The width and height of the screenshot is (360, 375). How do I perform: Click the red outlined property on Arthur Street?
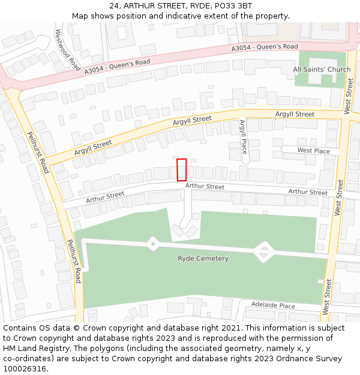click(x=182, y=170)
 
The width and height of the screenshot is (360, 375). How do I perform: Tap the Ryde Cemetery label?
click(x=203, y=259)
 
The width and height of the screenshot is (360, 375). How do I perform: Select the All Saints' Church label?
click(x=322, y=70)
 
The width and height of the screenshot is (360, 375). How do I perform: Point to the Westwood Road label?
click(x=67, y=50)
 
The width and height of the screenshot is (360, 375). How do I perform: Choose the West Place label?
click(x=313, y=151)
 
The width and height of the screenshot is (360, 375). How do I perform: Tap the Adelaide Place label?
click(x=273, y=305)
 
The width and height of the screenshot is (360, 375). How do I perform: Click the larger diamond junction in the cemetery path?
click(x=263, y=252)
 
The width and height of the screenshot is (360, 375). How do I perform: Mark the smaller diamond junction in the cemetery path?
click(x=153, y=244)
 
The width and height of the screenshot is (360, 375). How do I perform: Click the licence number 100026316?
click(x=25, y=369)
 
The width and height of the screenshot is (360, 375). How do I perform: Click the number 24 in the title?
click(x=114, y=6)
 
